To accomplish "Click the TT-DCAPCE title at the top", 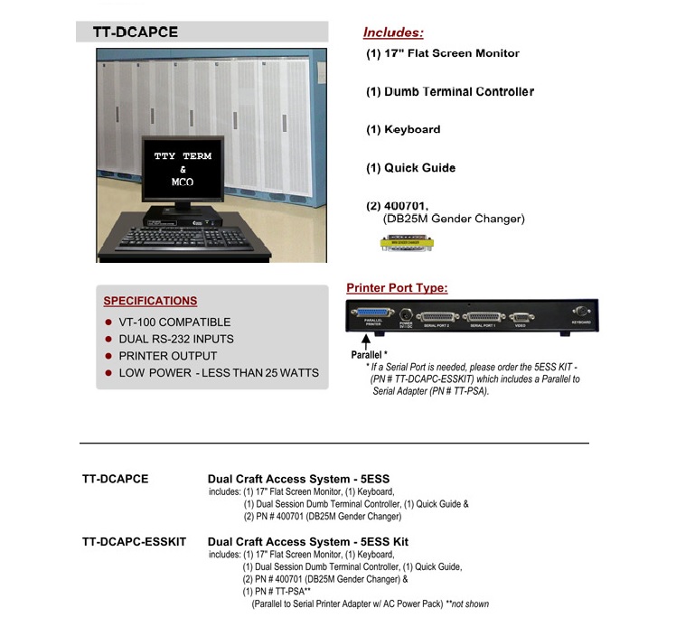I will (135, 32).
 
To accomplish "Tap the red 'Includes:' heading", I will (392, 33).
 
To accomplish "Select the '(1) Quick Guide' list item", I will (410, 168).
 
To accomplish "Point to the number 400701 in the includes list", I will (408, 207).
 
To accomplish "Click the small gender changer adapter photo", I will (404, 243).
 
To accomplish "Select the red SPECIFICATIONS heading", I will (150, 301).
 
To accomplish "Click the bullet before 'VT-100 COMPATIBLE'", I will (109, 323).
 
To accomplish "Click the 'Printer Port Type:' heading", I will (397, 288).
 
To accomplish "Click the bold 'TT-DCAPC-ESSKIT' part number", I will (134, 542).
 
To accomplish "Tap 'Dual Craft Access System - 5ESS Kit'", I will (308, 542).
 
